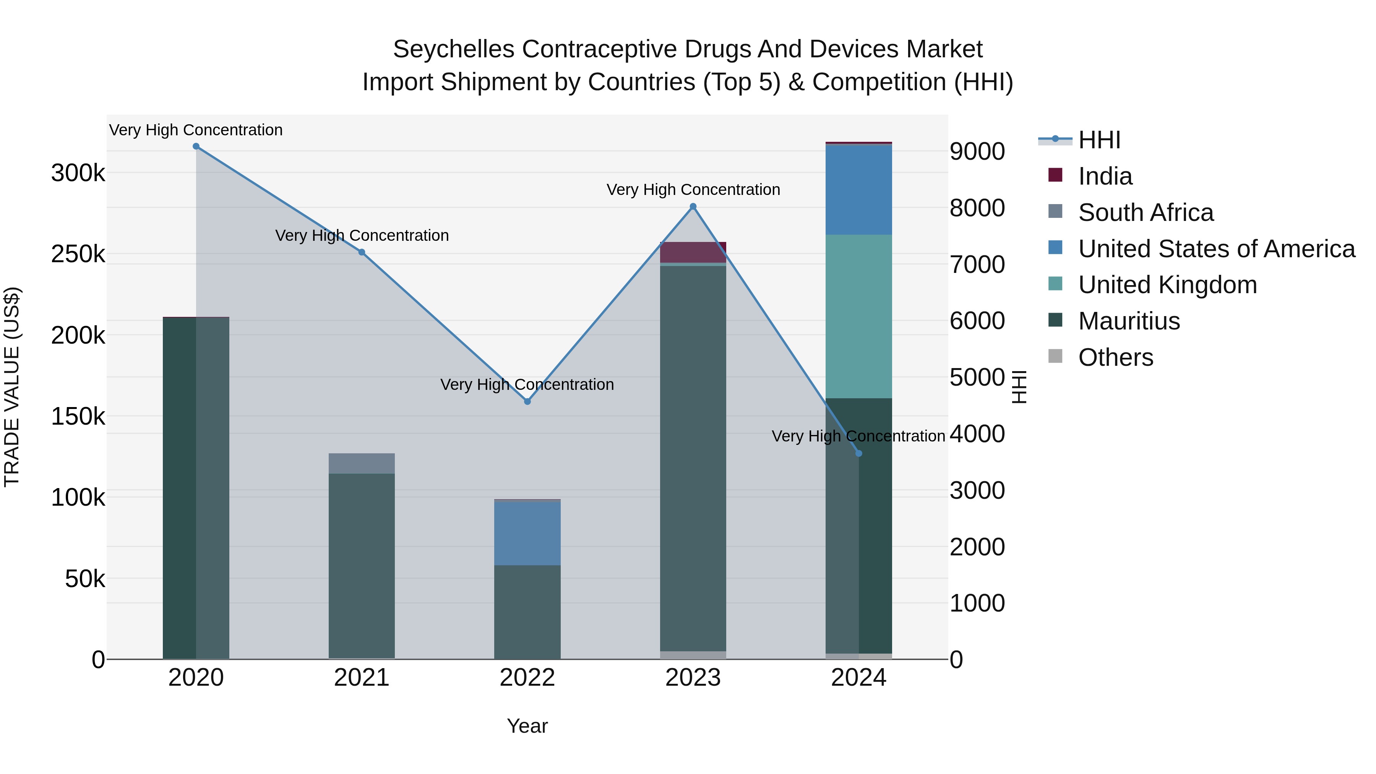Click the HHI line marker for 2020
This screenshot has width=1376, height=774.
196,146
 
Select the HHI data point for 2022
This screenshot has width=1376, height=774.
527,401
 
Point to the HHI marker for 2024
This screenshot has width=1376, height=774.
858,453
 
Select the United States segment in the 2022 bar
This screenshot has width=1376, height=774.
527,533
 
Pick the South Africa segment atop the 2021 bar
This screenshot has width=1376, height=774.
362,464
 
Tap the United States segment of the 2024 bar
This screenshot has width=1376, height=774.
858,190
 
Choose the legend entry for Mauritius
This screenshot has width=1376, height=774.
1128,321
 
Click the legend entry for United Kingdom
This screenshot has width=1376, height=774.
1167,285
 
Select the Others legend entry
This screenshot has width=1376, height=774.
1115,357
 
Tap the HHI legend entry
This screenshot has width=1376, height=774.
1099,140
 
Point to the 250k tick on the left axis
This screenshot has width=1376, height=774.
78,254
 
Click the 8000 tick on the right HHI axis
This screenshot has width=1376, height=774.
977,208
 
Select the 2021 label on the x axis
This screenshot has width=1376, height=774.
362,678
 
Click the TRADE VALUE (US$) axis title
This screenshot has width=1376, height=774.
12,387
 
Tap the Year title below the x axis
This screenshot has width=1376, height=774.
527,726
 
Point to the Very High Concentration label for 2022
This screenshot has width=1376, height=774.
527,385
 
